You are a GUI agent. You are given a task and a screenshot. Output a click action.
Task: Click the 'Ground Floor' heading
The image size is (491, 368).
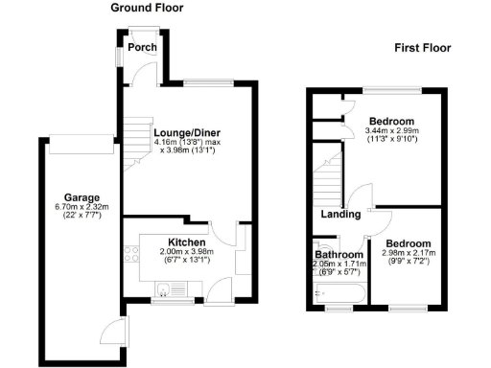click(147, 8)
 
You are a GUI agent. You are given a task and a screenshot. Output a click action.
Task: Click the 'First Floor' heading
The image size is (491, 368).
click(422, 47)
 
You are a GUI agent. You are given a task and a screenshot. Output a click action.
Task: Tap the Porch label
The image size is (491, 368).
click(142, 47)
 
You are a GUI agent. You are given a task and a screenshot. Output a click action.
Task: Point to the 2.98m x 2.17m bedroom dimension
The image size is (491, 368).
click(409, 254)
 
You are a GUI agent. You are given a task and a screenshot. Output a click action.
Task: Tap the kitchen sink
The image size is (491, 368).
click(165, 288)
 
